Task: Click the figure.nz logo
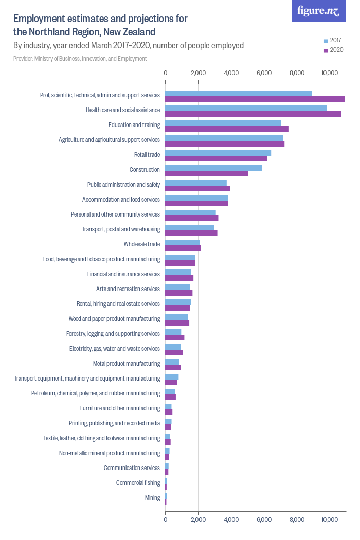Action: pyautogui.click(x=319, y=11)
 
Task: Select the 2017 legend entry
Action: pyautogui.click(x=333, y=40)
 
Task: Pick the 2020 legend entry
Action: pyautogui.click(x=333, y=50)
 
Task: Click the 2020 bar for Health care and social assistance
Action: pyautogui.click(x=253, y=114)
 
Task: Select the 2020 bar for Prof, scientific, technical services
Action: pyautogui.click(x=255, y=99)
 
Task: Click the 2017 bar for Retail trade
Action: pyautogui.click(x=218, y=153)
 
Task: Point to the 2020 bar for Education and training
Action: pyautogui.click(x=227, y=129)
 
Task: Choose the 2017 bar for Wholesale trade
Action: pyautogui.click(x=183, y=242)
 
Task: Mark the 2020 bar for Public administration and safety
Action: pyautogui.click(x=197, y=188)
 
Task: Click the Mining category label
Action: pyautogui.click(x=153, y=498)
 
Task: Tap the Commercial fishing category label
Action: pyautogui.click(x=138, y=483)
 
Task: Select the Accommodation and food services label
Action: pyautogui.click(x=121, y=200)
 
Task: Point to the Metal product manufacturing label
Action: pyautogui.click(x=127, y=364)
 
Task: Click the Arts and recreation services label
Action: pyautogui.click(x=128, y=289)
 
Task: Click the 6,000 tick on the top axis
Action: pyautogui.click(x=264, y=73)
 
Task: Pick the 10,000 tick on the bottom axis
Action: pyautogui.click(x=329, y=520)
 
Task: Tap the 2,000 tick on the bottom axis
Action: pyautogui.click(x=198, y=520)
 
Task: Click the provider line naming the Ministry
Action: pyautogui.click(x=80, y=59)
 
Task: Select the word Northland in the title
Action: pyautogui.click(x=47, y=32)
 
